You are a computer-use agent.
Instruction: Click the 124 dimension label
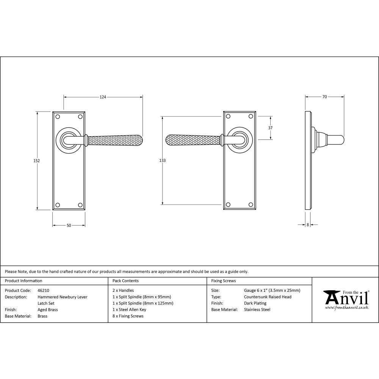pyautogui.click(x=103, y=97)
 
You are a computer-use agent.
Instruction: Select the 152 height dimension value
pyautogui.click(x=36, y=161)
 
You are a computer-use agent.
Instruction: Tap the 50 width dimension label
pyautogui.click(x=69, y=226)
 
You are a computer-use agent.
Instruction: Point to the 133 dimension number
pyautogui.click(x=162, y=161)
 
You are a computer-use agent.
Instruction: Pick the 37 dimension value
pyautogui.click(x=270, y=128)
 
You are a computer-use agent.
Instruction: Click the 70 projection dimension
pyautogui.click(x=324, y=97)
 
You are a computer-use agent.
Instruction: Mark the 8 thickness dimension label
pyautogui.click(x=308, y=225)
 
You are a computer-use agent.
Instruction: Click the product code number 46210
pyautogui.click(x=44, y=291)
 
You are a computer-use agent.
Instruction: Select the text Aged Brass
pyautogui.click(x=47, y=310)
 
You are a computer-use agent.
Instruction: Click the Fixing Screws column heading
pyautogui.click(x=224, y=281)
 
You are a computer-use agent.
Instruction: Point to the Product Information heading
pyautogui.click(x=23, y=281)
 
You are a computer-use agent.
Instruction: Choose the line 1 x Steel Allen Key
pyautogui.click(x=129, y=310)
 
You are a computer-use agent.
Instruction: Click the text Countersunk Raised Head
pyautogui.click(x=268, y=297)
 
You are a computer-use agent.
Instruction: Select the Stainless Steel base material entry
pyautogui.click(x=257, y=310)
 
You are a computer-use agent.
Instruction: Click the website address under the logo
pyautogui.click(x=346, y=308)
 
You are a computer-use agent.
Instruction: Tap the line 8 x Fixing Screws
pyautogui.click(x=128, y=316)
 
